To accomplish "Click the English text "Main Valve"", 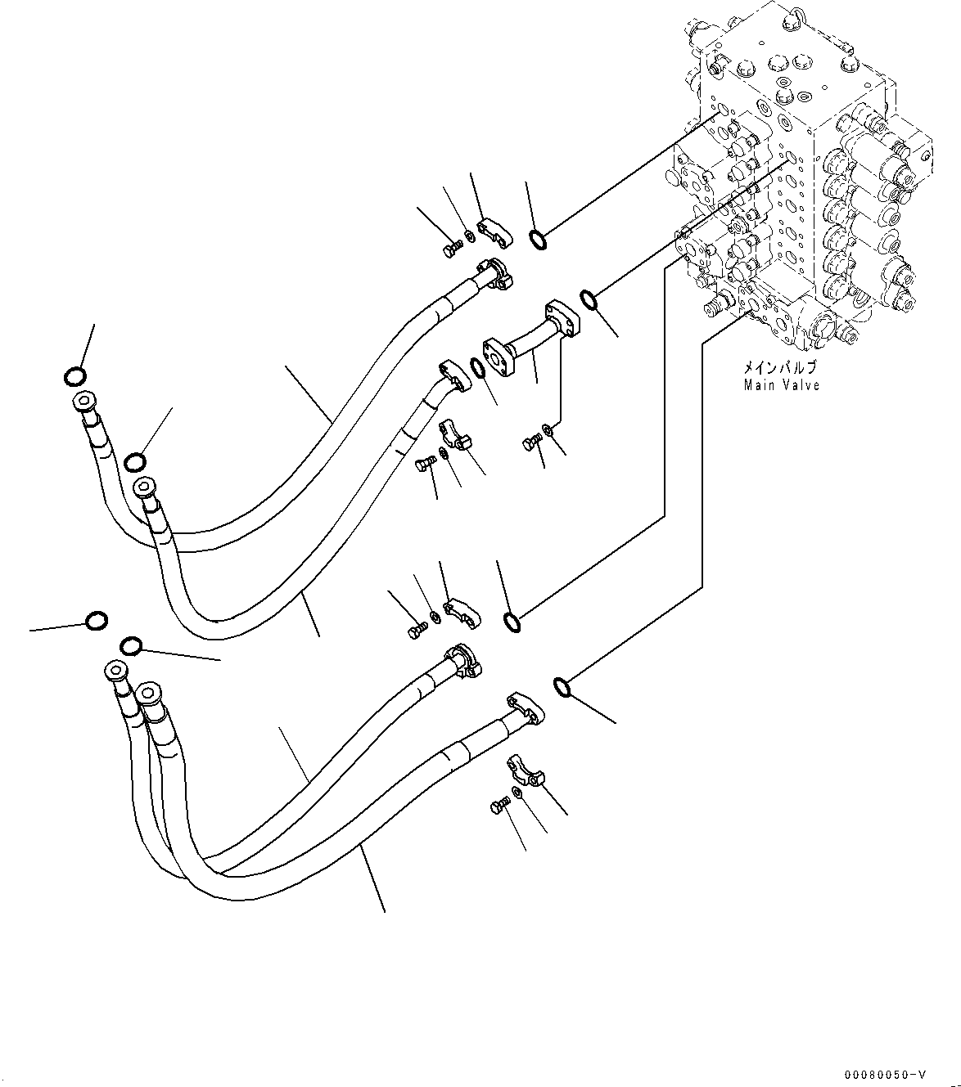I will point(781,385).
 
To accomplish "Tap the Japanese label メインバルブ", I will point(781,369).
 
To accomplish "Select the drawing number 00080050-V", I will point(887,1073).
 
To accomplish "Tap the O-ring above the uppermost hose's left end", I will point(74,376).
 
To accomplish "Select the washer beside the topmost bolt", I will point(468,238).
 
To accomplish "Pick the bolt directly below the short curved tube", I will point(530,443).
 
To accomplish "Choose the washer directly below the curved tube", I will point(547,429).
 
